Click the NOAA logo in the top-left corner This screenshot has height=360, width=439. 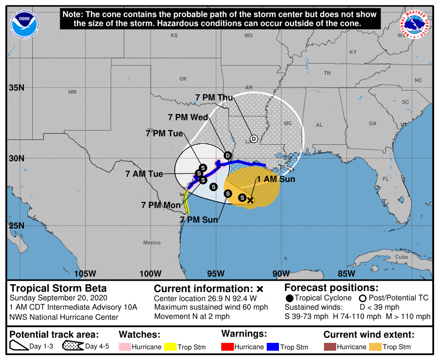[23, 22]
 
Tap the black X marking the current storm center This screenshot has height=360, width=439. [251, 200]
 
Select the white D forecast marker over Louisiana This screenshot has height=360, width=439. [254, 138]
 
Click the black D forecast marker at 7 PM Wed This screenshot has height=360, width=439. [228, 156]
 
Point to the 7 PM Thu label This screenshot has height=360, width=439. [214, 98]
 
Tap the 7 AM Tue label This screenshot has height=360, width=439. [144, 174]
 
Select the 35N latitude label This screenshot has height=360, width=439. [17, 88]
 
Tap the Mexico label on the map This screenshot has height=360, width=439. [152, 243]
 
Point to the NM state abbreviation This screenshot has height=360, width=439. [72, 92]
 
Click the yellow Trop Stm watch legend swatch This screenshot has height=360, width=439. [170, 347]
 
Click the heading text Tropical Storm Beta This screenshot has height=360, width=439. [58, 288]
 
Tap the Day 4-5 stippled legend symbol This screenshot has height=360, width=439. [72, 347]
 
